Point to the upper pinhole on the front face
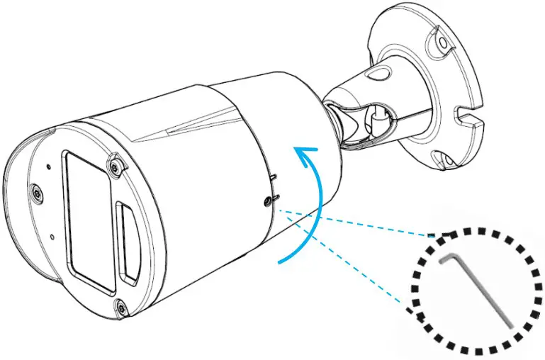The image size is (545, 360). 47,167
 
